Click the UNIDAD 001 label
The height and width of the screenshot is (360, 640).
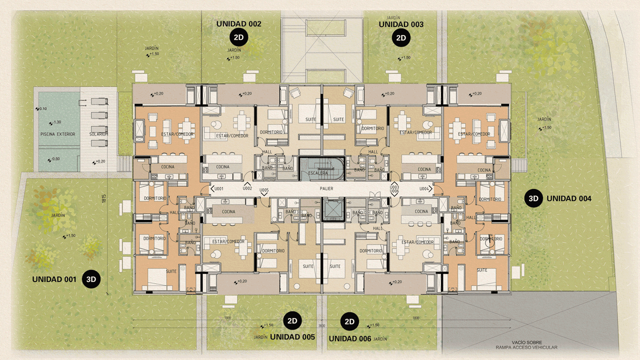click(x=54, y=279)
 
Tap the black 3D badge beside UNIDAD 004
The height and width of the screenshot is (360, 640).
click(x=533, y=198)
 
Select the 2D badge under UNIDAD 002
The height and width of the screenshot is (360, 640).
click(x=238, y=37)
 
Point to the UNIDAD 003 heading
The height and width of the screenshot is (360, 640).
click(x=401, y=24)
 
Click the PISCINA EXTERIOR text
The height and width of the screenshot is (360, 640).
click(x=57, y=134)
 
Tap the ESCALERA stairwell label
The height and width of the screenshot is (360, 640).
click(x=318, y=173)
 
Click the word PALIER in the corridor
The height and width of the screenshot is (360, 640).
click(x=326, y=189)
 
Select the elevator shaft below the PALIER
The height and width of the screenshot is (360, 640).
click(x=331, y=210)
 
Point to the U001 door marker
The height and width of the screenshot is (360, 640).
click(x=217, y=189)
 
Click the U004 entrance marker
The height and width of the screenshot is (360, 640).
click(x=425, y=189)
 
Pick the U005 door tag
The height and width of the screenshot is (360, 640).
click(x=264, y=190)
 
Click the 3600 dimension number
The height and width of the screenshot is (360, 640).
click(x=322, y=326)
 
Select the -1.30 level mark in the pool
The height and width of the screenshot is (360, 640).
click(x=55, y=122)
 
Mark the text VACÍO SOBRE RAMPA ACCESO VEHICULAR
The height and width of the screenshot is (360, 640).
click(x=526, y=345)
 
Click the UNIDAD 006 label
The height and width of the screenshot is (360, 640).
click(x=349, y=338)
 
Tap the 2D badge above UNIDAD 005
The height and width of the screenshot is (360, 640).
click(x=292, y=320)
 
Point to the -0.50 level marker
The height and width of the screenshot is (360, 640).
click(x=55, y=159)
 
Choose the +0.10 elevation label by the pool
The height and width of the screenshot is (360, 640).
click(x=41, y=108)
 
